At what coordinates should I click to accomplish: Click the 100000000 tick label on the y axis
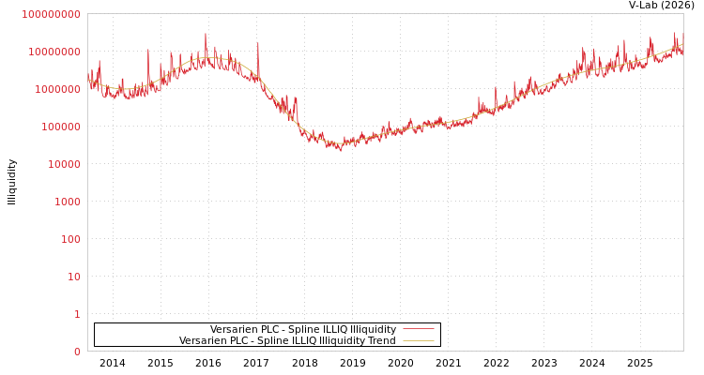51,14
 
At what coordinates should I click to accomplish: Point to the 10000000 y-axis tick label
54,52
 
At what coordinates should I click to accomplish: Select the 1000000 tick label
57,89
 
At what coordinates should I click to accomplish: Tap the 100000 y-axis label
61,127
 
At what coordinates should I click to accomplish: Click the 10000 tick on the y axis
65,164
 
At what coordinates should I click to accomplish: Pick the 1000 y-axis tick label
68,202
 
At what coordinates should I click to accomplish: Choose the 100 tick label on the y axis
71,239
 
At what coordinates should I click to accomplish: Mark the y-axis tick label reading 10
74,277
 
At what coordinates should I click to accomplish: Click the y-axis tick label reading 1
78,314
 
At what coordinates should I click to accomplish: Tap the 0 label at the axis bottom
78,352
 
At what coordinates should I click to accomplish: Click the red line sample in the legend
419,329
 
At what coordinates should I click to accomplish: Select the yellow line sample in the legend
419,340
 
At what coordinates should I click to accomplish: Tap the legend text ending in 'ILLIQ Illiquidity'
303,329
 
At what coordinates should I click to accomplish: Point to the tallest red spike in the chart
206,35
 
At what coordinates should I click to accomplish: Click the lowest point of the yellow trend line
340,143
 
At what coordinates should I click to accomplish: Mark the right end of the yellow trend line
682,44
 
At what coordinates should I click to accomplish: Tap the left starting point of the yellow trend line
88,80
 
